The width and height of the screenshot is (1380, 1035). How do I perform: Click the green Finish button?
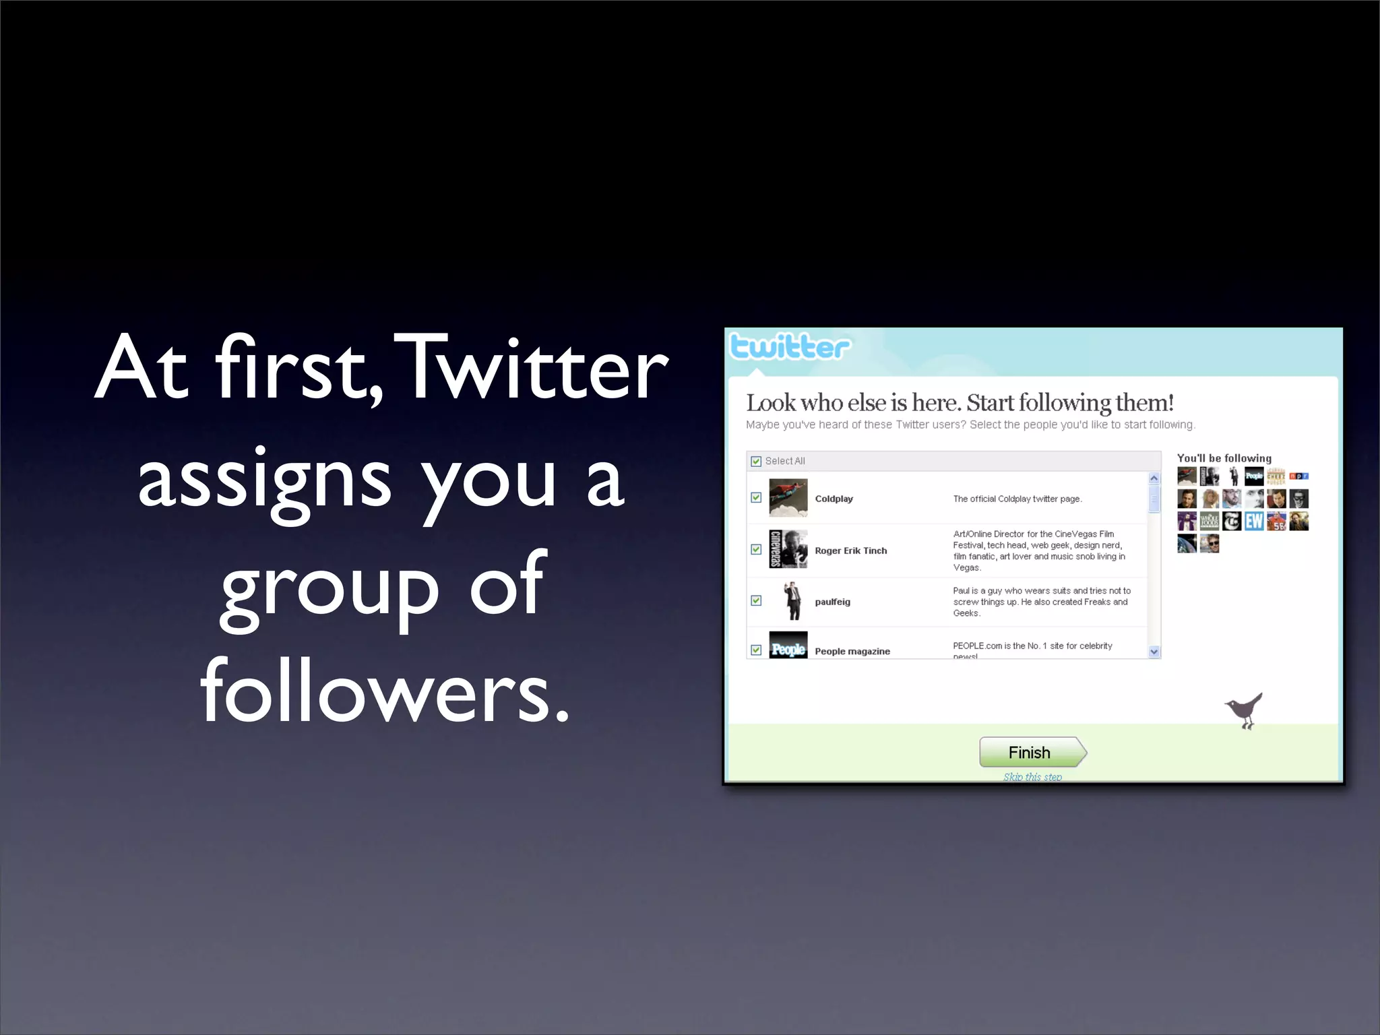coord(1032,752)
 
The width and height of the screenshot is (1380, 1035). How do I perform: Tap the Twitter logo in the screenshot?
coord(789,347)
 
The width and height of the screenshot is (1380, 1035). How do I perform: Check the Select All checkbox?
coord(756,462)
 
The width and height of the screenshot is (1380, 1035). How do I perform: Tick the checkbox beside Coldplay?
coord(756,498)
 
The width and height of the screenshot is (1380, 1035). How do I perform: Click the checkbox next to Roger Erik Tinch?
coord(756,550)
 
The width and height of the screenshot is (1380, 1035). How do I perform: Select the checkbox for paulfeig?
coord(756,600)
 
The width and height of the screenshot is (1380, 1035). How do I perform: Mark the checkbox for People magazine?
coord(756,650)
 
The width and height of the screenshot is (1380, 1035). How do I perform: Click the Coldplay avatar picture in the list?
coord(788,498)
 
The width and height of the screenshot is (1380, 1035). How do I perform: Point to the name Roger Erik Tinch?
coord(850,551)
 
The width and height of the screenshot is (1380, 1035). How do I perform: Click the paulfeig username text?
coord(832,602)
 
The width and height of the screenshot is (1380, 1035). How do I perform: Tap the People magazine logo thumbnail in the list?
coord(788,646)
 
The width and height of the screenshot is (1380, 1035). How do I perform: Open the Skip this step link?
coord(1032,776)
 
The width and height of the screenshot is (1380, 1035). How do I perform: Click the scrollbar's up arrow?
coord(1154,478)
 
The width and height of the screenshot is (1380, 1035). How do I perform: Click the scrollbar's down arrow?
coord(1154,652)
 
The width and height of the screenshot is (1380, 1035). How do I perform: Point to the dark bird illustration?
coord(1244,710)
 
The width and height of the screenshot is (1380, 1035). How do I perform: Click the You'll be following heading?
coord(1224,458)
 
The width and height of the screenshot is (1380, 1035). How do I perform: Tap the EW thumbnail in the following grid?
coord(1254,522)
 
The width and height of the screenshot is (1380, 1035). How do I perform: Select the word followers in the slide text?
coord(385,691)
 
